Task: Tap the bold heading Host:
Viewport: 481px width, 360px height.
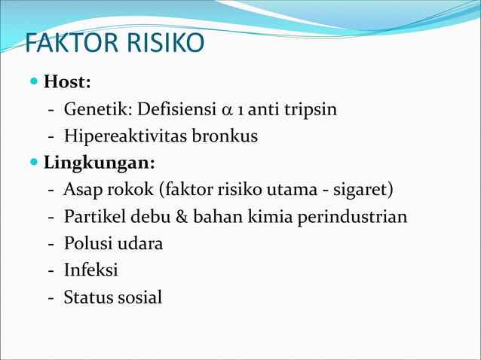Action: tap(72, 81)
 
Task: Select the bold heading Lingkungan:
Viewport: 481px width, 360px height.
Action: tap(100, 162)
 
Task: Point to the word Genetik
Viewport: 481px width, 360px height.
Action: tap(94, 110)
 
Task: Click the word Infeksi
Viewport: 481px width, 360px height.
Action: tap(90, 270)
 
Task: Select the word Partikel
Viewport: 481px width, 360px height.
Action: tap(94, 217)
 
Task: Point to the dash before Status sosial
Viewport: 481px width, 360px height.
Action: tap(51, 297)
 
